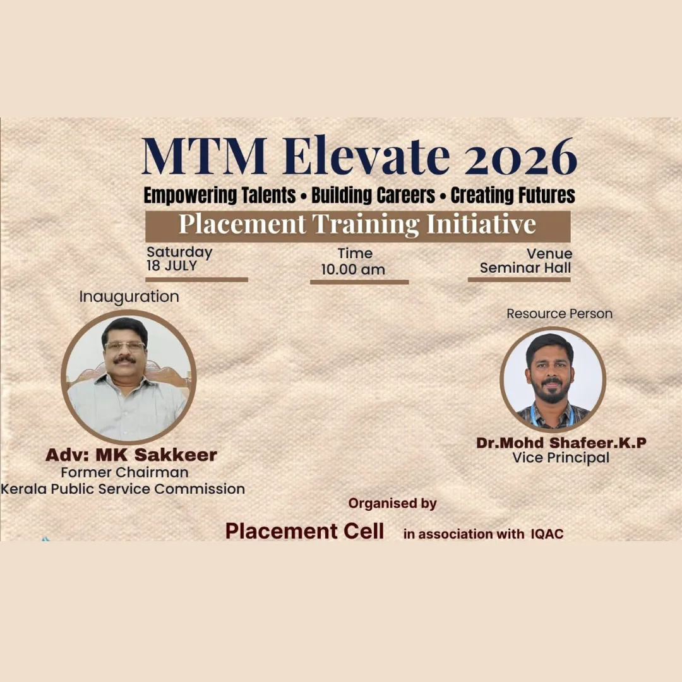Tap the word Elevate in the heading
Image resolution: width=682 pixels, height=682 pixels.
pos(366,155)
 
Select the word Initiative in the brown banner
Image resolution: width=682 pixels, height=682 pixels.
pos(481,224)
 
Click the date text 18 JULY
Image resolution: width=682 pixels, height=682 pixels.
pos(172,266)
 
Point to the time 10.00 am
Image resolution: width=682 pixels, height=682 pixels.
pos(353,270)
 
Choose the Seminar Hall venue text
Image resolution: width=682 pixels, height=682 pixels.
pos(525,268)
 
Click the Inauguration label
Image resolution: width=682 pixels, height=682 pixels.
pos(129,297)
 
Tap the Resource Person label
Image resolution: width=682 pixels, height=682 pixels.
pos(559,314)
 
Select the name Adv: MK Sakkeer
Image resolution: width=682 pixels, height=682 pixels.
pos(131,455)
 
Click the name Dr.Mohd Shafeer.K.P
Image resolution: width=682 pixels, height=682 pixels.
pos(561,443)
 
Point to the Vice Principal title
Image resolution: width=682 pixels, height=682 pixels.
pos(561,458)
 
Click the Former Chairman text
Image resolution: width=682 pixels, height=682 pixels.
pos(125,472)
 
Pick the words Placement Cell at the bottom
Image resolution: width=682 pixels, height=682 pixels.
pos(304,531)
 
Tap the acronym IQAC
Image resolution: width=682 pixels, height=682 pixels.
pos(547,534)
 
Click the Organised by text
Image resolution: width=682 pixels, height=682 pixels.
pos(393,504)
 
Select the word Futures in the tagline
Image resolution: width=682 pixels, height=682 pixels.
pos(544,195)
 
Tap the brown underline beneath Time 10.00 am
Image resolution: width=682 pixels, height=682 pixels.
pos(359,282)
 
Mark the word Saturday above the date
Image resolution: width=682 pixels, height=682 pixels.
pos(179,252)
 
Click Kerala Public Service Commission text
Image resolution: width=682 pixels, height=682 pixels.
pos(123,489)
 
